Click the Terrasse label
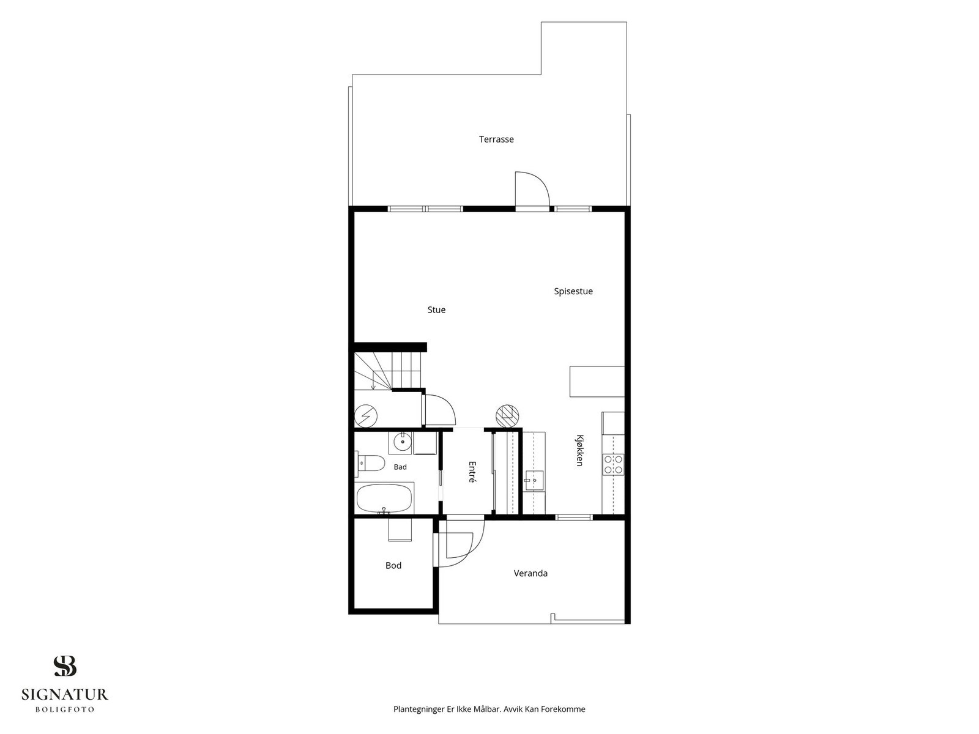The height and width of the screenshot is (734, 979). [x=496, y=139]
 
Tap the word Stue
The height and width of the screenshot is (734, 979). [x=436, y=310]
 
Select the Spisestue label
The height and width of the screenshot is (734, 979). [x=573, y=292]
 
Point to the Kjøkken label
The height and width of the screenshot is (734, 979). [x=579, y=450]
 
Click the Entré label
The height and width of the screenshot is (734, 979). [x=472, y=472]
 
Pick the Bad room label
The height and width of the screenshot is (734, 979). [x=400, y=467]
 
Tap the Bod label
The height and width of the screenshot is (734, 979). [x=393, y=566]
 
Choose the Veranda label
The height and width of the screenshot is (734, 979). [x=530, y=574]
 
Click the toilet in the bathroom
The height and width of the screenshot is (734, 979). [x=370, y=463]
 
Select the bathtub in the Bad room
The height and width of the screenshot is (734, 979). [x=384, y=499]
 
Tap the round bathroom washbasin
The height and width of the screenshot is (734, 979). [x=403, y=442]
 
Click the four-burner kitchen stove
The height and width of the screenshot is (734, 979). [x=613, y=464]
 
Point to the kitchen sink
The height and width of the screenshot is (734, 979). [x=534, y=480]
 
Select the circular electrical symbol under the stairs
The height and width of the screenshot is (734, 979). [x=366, y=417]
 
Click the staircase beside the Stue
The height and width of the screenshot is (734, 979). [x=388, y=371]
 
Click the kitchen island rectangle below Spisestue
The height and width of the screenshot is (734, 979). [x=597, y=382]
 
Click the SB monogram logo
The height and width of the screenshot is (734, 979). [x=65, y=666]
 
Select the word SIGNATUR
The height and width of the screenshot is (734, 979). [x=65, y=694]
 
